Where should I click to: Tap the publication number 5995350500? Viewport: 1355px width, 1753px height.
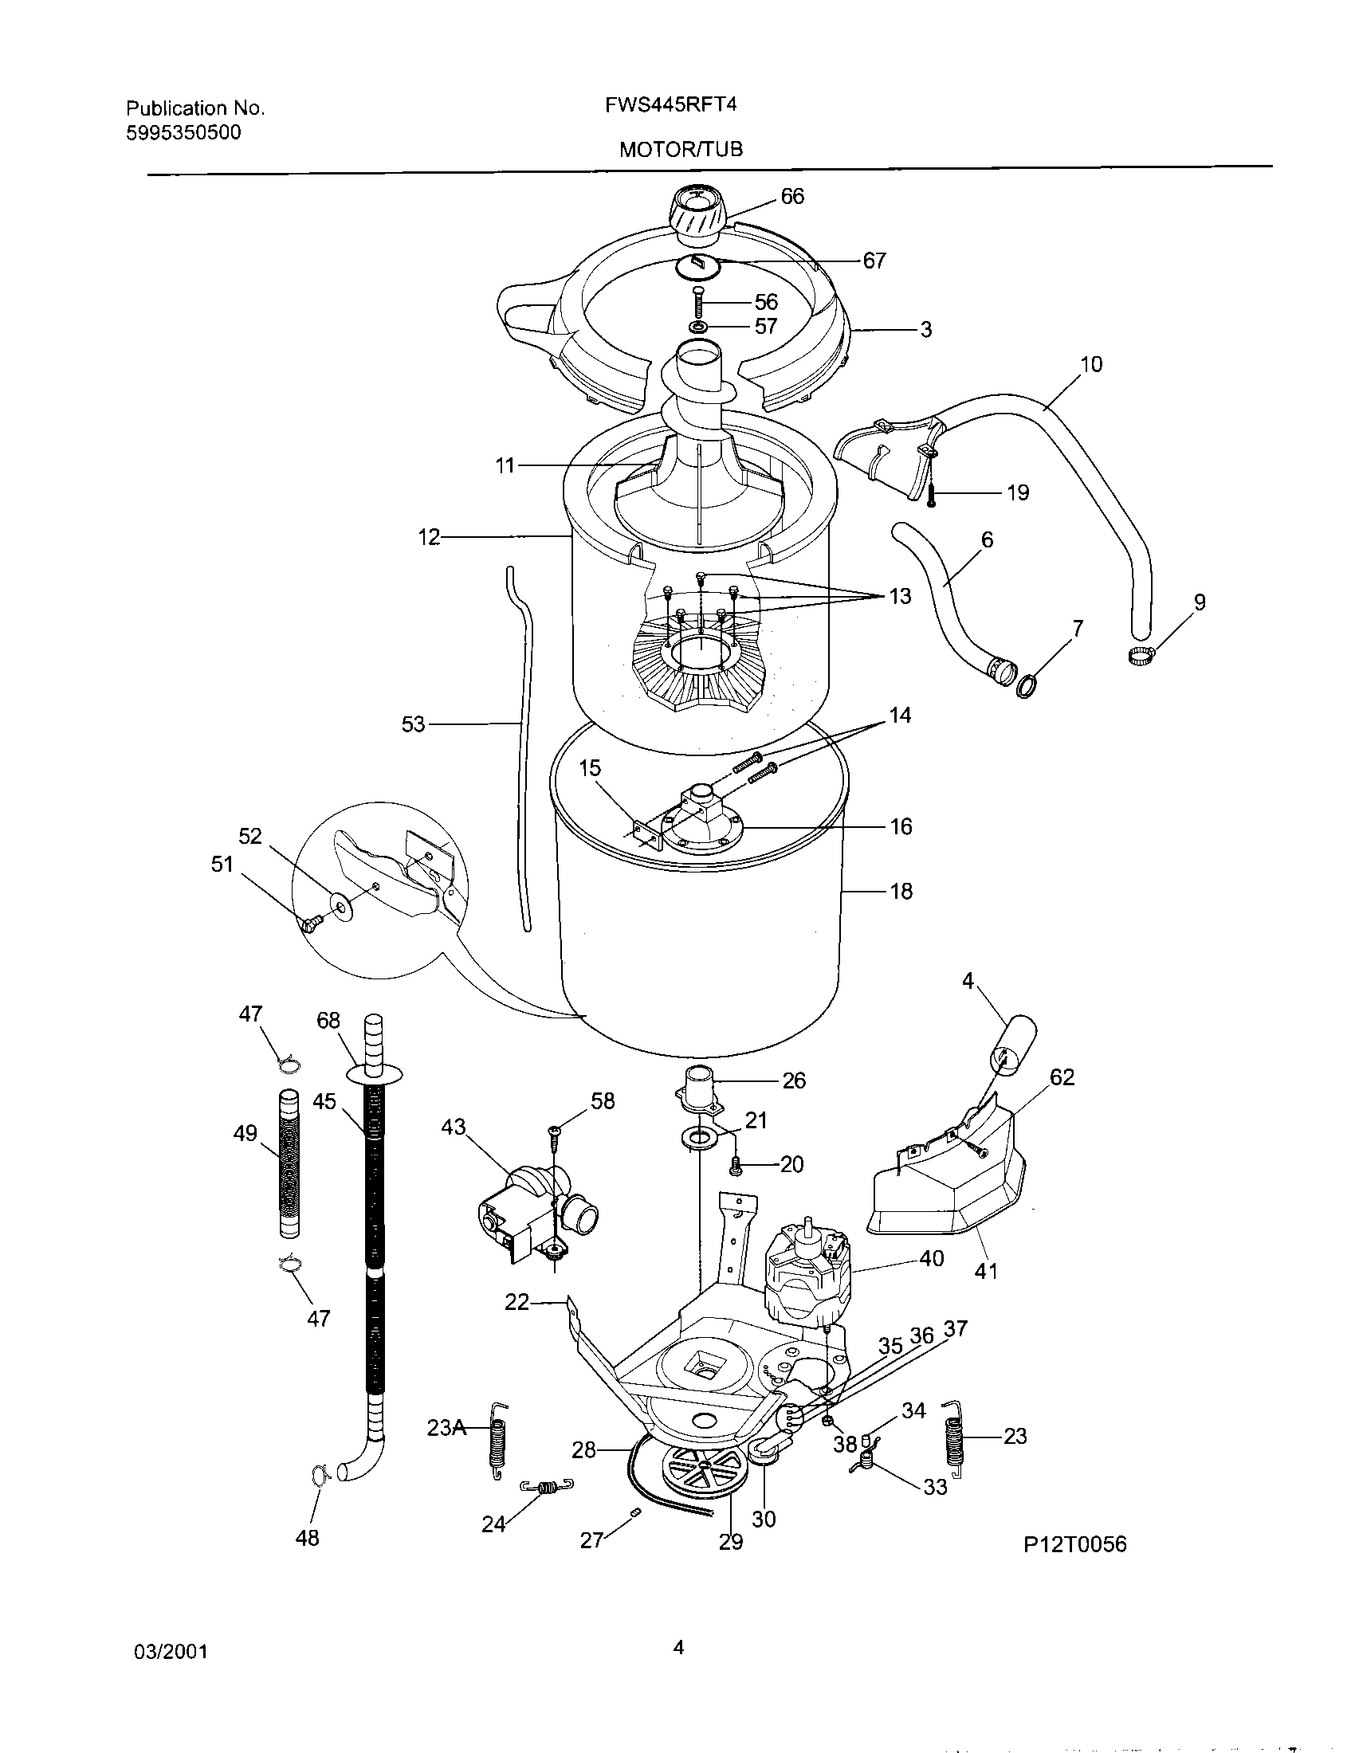coord(183,133)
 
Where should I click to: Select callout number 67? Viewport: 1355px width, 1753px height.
coord(874,260)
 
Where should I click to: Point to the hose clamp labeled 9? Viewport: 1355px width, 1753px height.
coord(1140,656)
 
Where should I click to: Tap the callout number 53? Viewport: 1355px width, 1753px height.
coord(413,724)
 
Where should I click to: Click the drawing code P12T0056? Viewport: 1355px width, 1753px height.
coord(1074,1544)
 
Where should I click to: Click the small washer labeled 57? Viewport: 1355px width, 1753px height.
coord(698,327)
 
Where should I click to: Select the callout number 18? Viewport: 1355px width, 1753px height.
coord(901,891)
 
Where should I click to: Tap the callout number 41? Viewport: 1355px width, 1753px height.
coord(986,1271)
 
